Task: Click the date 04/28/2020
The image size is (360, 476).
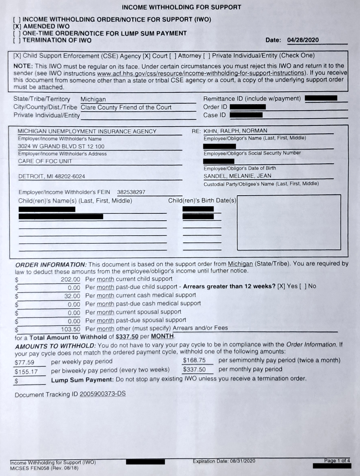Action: [x=303, y=40]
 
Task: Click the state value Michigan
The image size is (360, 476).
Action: [x=93, y=99]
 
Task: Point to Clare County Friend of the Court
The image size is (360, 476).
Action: [x=126, y=107]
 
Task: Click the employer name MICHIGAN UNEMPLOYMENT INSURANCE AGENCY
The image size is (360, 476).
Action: [x=87, y=131]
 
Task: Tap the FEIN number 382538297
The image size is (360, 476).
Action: [x=131, y=192]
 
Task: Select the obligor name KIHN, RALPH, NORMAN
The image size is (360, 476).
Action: [x=236, y=131]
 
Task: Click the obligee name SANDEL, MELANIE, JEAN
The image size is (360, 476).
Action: [x=237, y=176]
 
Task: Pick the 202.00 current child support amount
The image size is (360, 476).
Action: [x=71, y=279]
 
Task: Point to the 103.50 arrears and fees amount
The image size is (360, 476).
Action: [x=71, y=328]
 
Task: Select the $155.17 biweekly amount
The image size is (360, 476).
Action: [x=26, y=372]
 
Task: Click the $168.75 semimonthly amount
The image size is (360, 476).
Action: [x=194, y=360]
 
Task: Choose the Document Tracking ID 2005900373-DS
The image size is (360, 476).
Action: [x=103, y=394]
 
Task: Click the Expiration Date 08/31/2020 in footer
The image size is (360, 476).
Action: [x=224, y=461]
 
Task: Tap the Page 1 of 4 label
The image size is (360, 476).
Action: [x=337, y=461]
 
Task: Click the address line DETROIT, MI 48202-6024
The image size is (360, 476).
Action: [x=52, y=176]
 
